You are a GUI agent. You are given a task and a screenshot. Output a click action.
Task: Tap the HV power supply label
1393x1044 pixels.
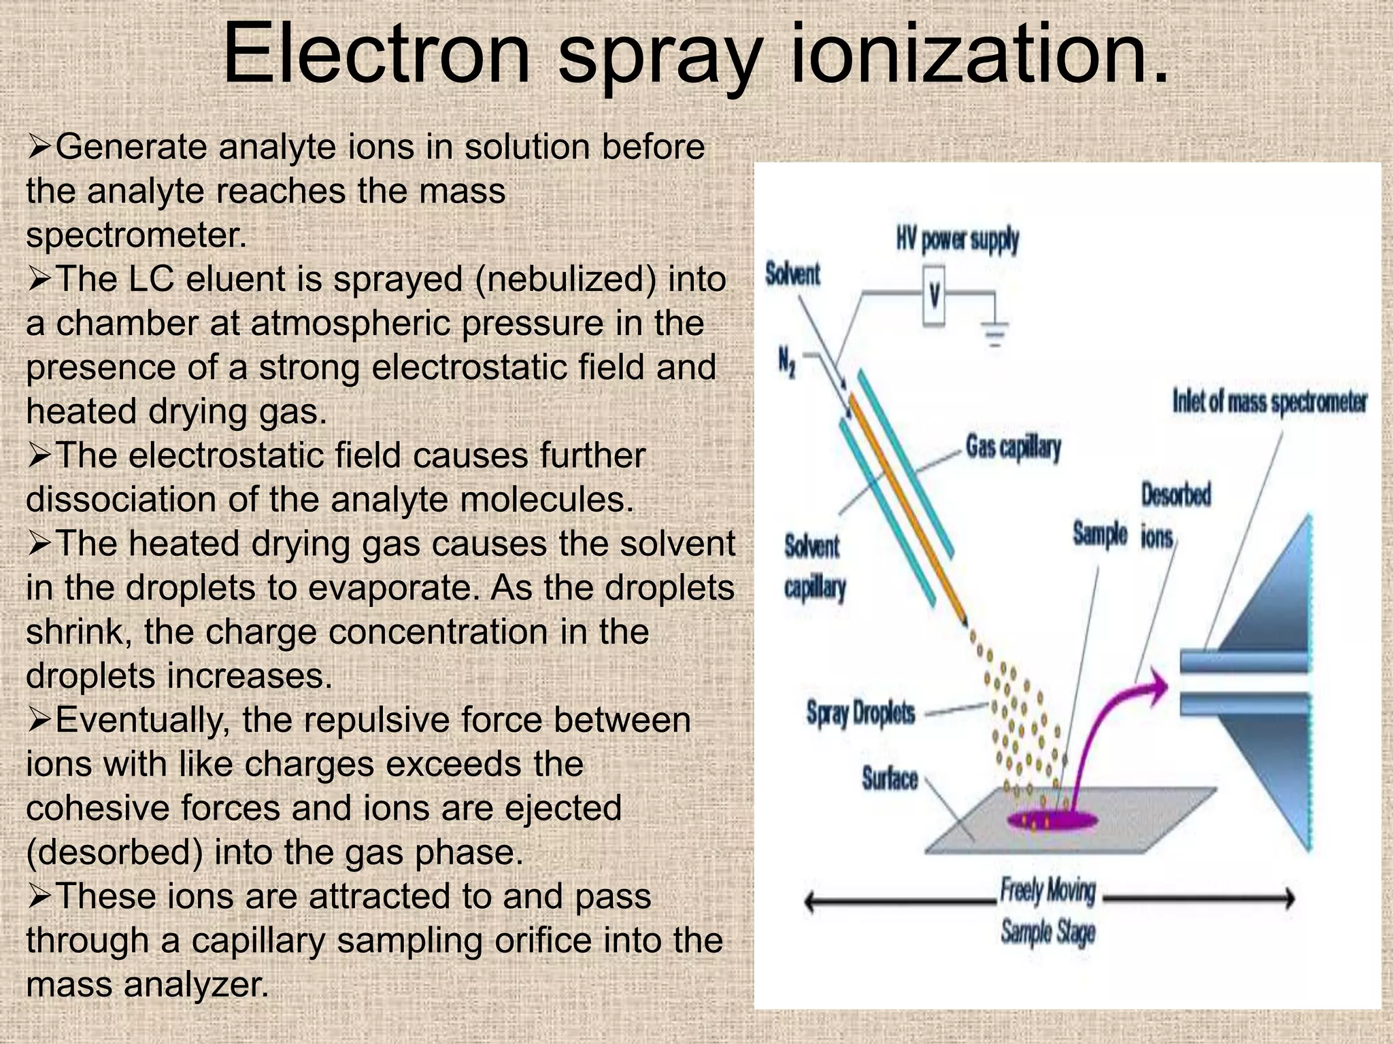(957, 240)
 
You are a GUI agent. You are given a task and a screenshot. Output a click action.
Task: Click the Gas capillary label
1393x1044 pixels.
(1013, 447)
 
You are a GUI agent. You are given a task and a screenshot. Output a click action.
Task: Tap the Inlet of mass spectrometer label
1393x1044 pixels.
(1269, 401)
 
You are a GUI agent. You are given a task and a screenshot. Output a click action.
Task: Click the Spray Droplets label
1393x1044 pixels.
(860, 712)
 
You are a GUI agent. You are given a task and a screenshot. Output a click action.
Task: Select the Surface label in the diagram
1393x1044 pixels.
(890, 778)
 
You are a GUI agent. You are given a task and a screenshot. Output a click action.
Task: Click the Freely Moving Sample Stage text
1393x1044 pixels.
(1047, 911)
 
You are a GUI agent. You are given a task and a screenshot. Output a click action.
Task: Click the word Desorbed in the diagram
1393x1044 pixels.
(1176, 494)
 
